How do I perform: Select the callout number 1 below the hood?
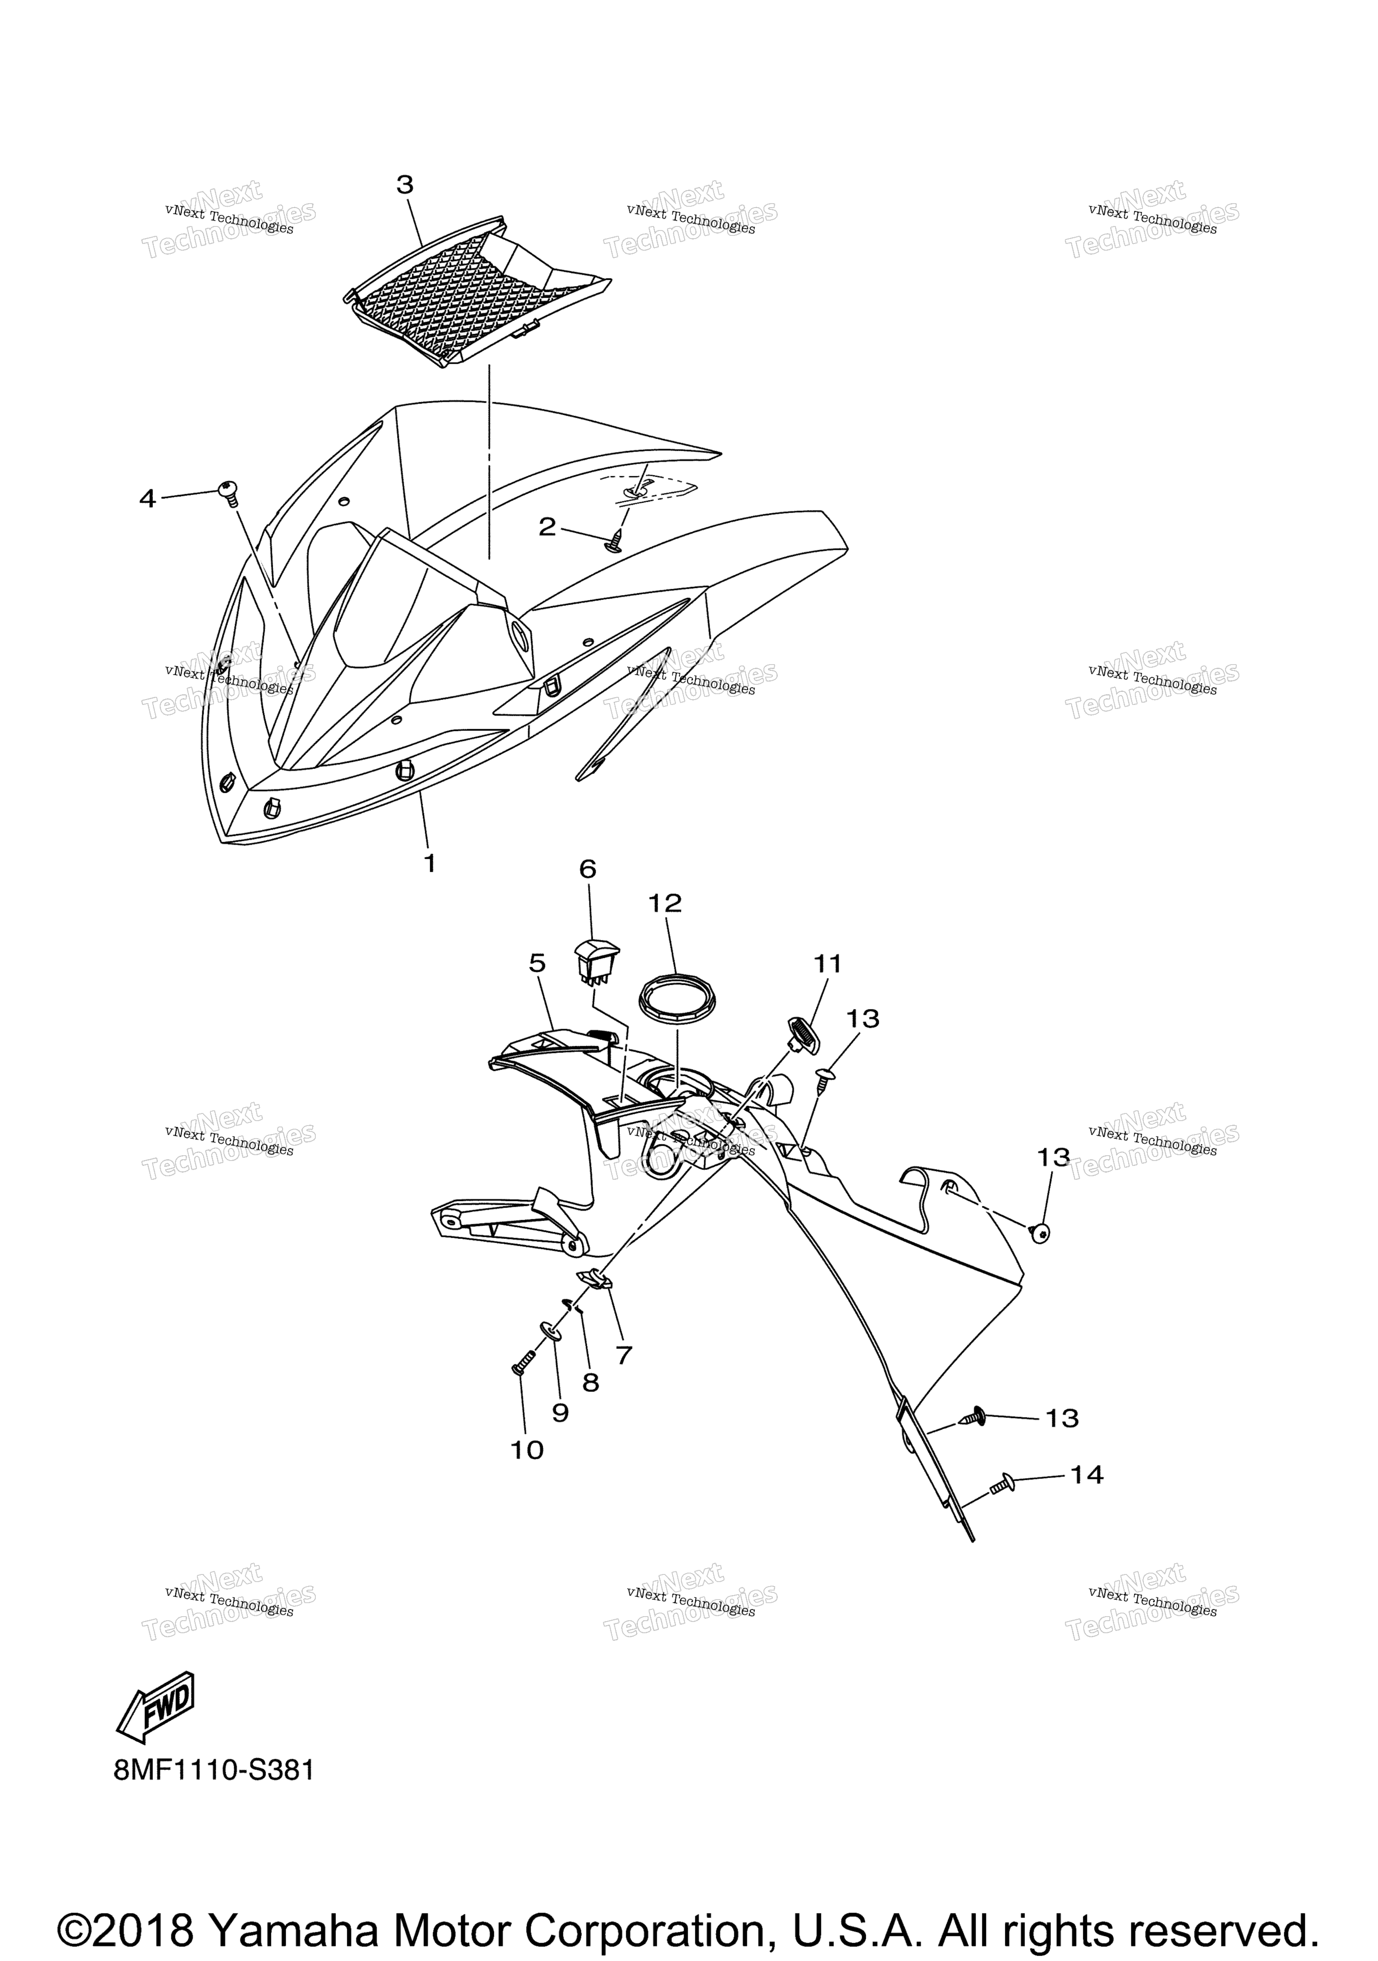430,864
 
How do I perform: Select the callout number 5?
536,963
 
